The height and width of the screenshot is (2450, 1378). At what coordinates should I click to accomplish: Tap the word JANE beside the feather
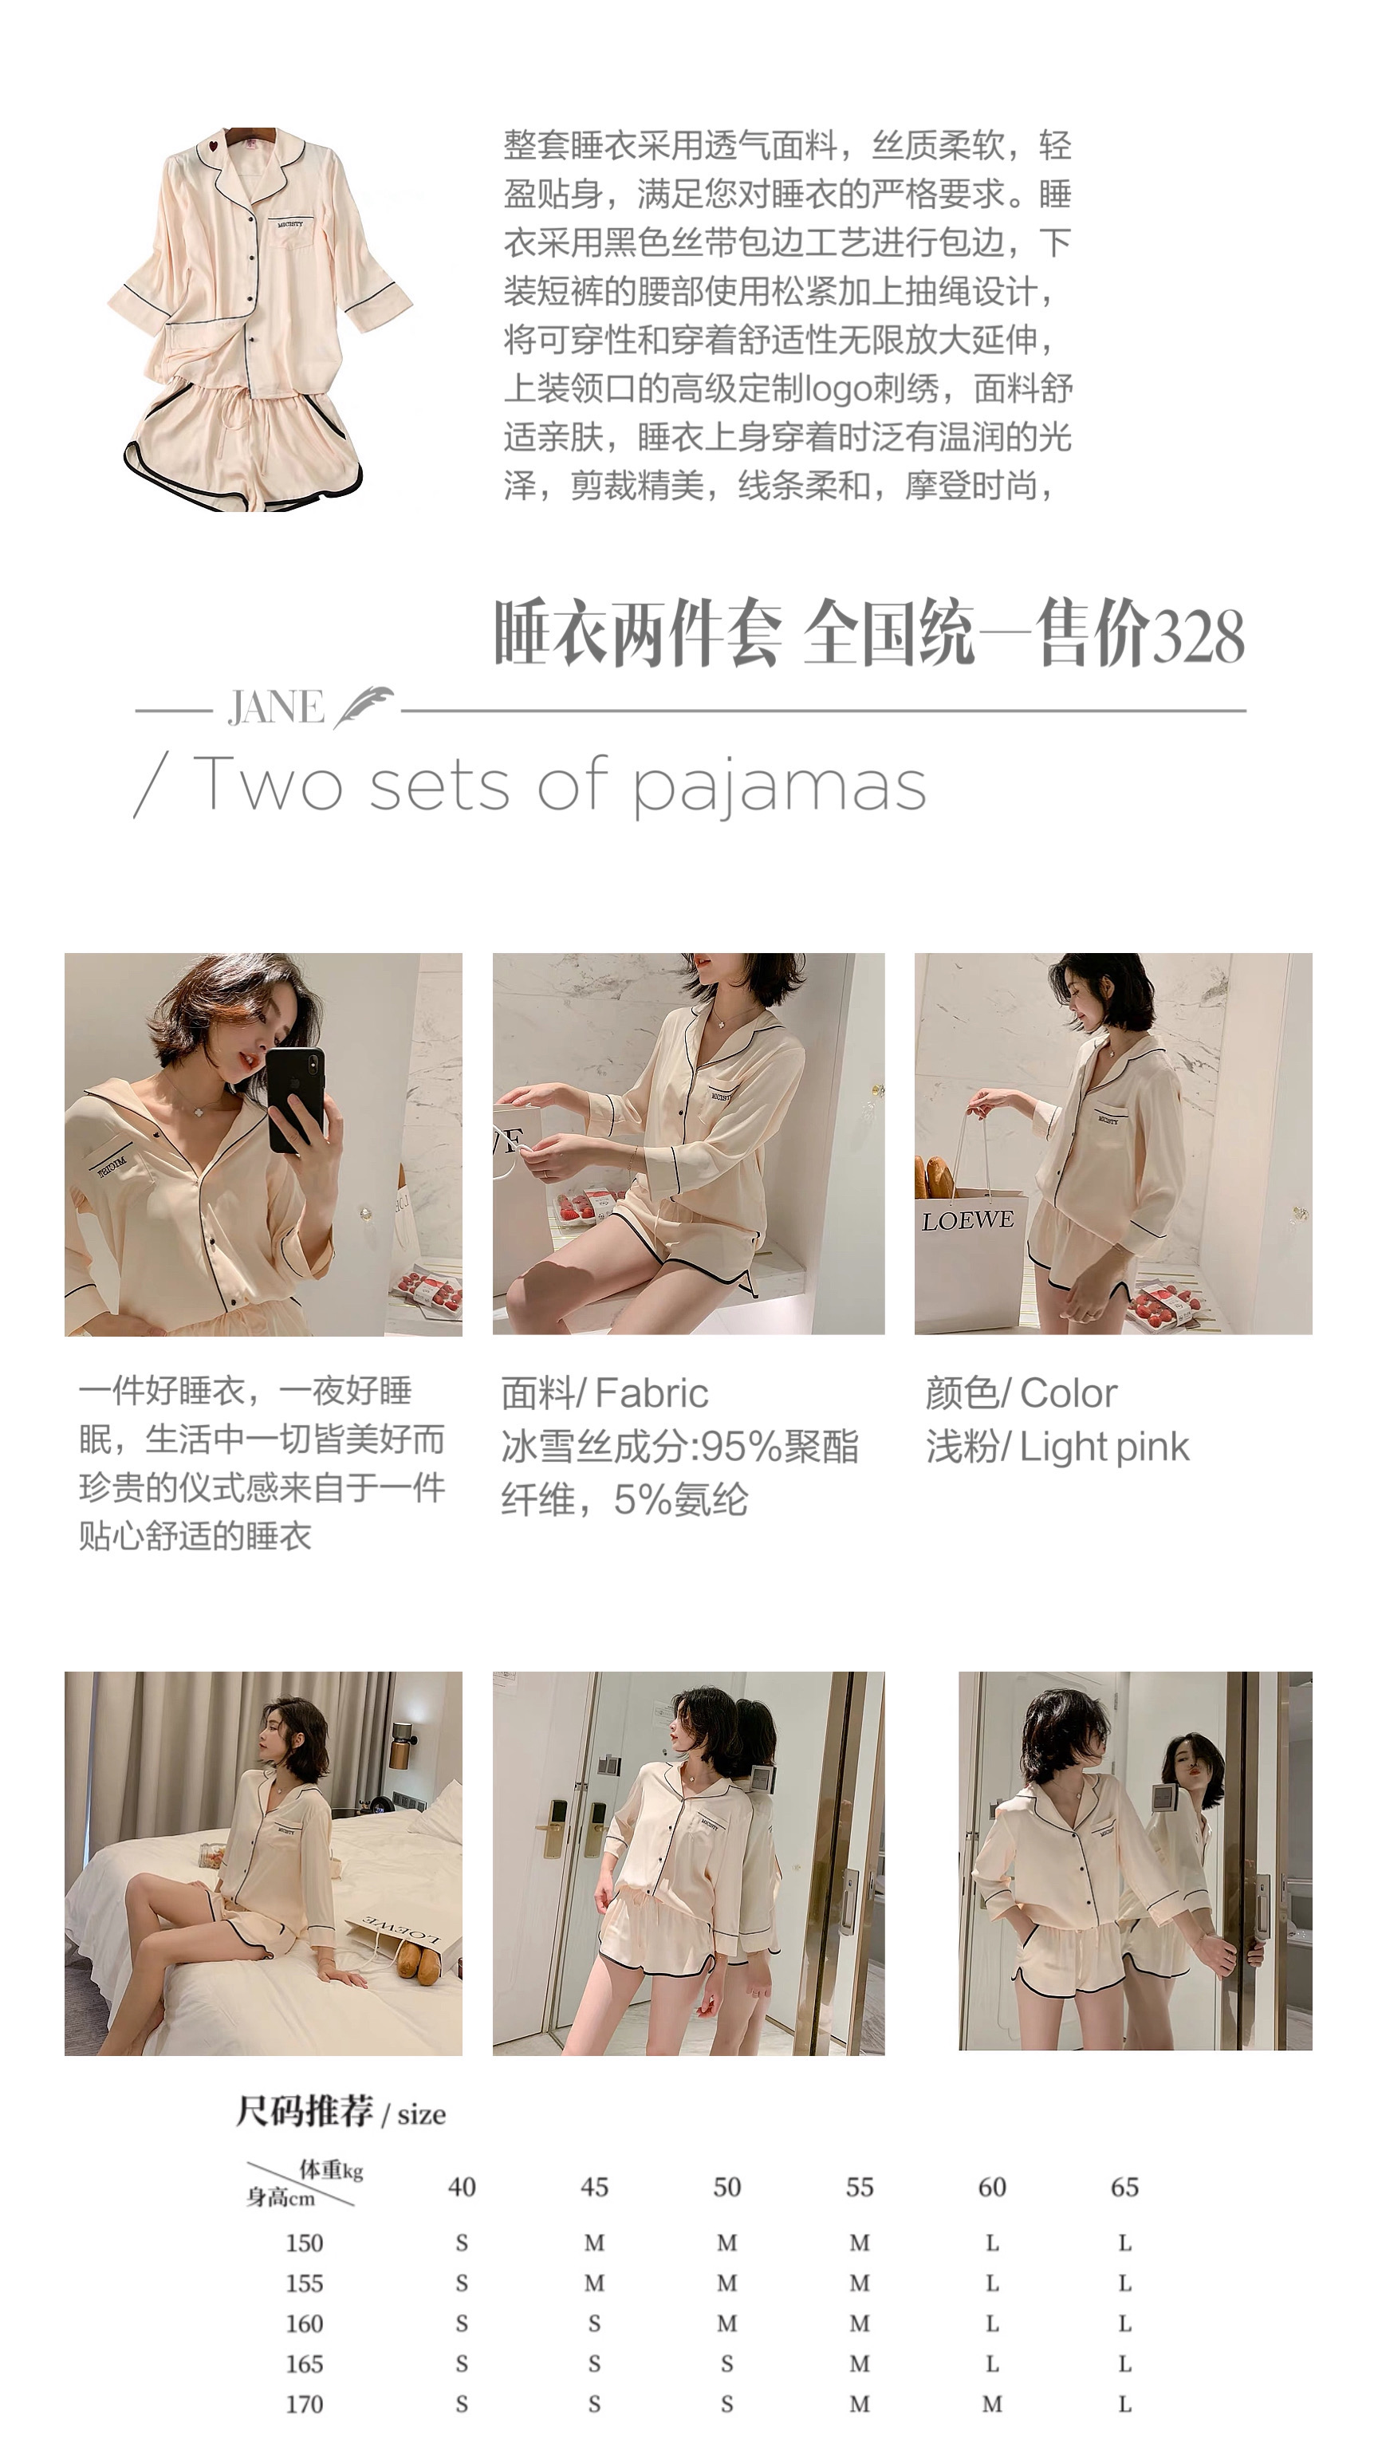click(275, 707)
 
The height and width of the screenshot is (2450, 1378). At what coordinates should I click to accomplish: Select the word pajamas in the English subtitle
click(780, 787)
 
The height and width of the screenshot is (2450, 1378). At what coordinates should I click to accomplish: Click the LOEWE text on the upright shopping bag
click(967, 1220)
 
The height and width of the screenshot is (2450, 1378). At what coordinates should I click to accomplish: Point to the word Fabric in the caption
click(652, 1393)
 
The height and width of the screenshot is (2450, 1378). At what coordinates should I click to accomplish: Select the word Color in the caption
click(1068, 1393)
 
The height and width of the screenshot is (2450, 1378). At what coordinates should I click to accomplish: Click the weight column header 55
click(860, 2187)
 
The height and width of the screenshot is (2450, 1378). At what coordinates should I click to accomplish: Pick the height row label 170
click(305, 2404)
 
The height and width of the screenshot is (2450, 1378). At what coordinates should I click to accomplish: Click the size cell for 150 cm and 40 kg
click(461, 2243)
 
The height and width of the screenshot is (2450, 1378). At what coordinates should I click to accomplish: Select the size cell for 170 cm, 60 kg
click(992, 2404)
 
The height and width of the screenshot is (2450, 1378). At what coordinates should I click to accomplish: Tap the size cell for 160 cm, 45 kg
click(594, 2323)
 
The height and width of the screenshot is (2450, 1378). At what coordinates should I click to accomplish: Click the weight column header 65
click(1124, 2187)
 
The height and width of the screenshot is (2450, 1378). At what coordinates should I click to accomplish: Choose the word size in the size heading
click(421, 2114)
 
